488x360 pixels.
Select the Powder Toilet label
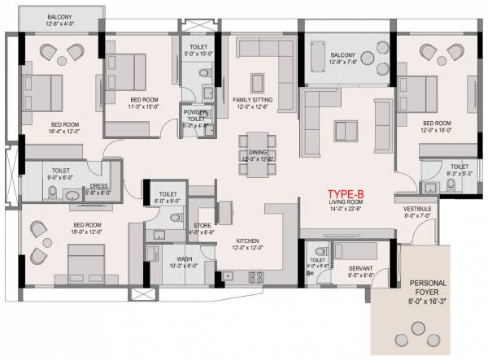click(196, 119)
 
